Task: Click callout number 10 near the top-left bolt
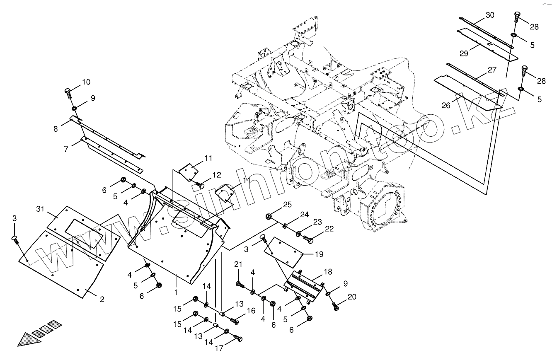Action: pyautogui.click(x=86, y=82)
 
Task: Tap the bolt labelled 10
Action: pyautogui.click(x=68, y=92)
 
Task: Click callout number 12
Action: pyautogui.click(x=217, y=175)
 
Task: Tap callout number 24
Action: pyautogui.click(x=305, y=215)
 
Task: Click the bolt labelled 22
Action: pyautogui.click(x=308, y=239)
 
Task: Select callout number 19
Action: pyautogui.click(x=319, y=254)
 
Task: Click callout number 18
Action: pyautogui.click(x=328, y=271)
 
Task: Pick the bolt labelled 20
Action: pyautogui.click(x=336, y=306)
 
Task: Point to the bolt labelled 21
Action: pyautogui.click(x=239, y=284)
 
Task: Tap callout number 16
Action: pyautogui.click(x=251, y=311)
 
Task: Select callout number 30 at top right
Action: pyautogui.click(x=490, y=15)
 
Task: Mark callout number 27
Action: pyautogui.click(x=492, y=70)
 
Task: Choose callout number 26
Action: pyautogui.click(x=445, y=105)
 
